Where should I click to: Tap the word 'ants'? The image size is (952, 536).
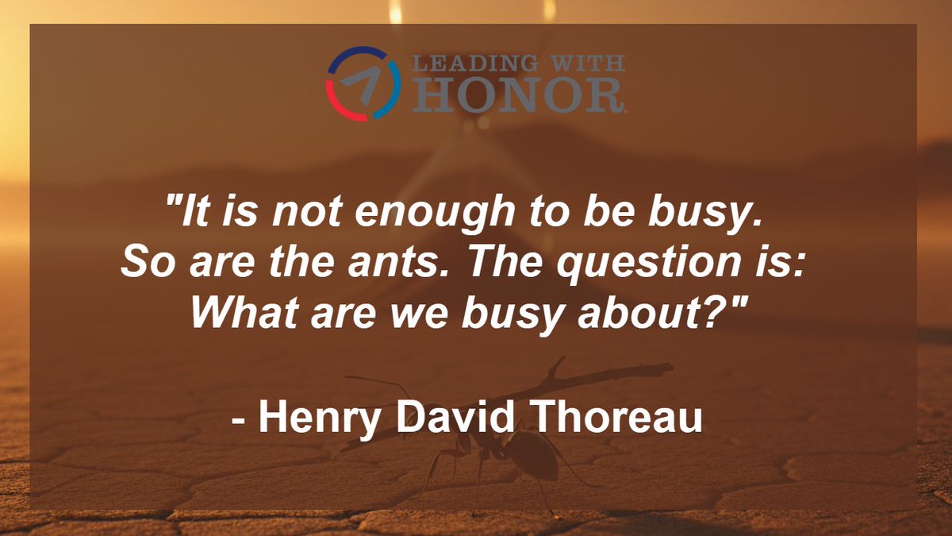[x=382, y=264]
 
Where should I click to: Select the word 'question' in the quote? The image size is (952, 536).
[x=609, y=264]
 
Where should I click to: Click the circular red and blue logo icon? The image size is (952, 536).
[x=363, y=83]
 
